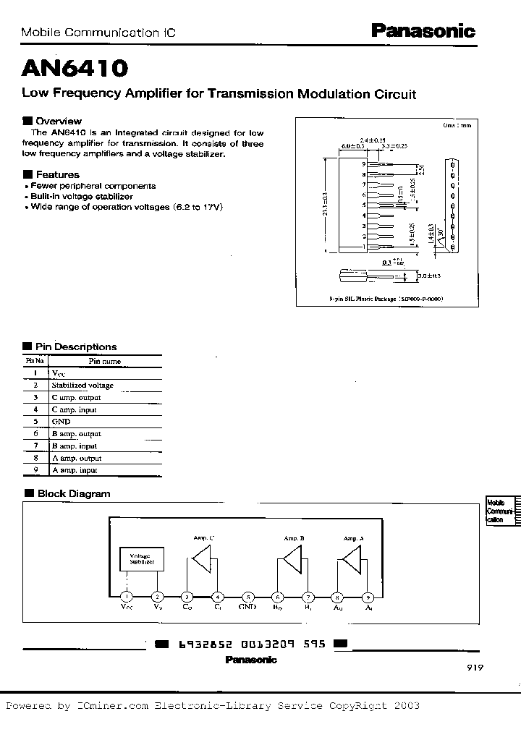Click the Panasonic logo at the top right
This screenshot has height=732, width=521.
click(x=423, y=31)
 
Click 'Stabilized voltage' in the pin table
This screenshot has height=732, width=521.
click(x=82, y=385)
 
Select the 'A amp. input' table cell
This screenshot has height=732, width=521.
click(x=74, y=470)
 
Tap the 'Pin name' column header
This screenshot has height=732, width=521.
click(x=104, y=360)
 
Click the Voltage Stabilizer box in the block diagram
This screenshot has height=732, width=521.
click(x=142, y=558)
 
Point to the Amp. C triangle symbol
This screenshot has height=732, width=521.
click(x=203, y=561)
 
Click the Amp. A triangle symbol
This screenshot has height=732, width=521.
click(x=352, y=561)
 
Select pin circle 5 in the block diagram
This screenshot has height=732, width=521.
click(x=248, y=597)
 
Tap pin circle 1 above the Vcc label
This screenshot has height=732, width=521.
click(x=127, y=597)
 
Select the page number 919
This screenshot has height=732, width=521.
click(x=474, y=668)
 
